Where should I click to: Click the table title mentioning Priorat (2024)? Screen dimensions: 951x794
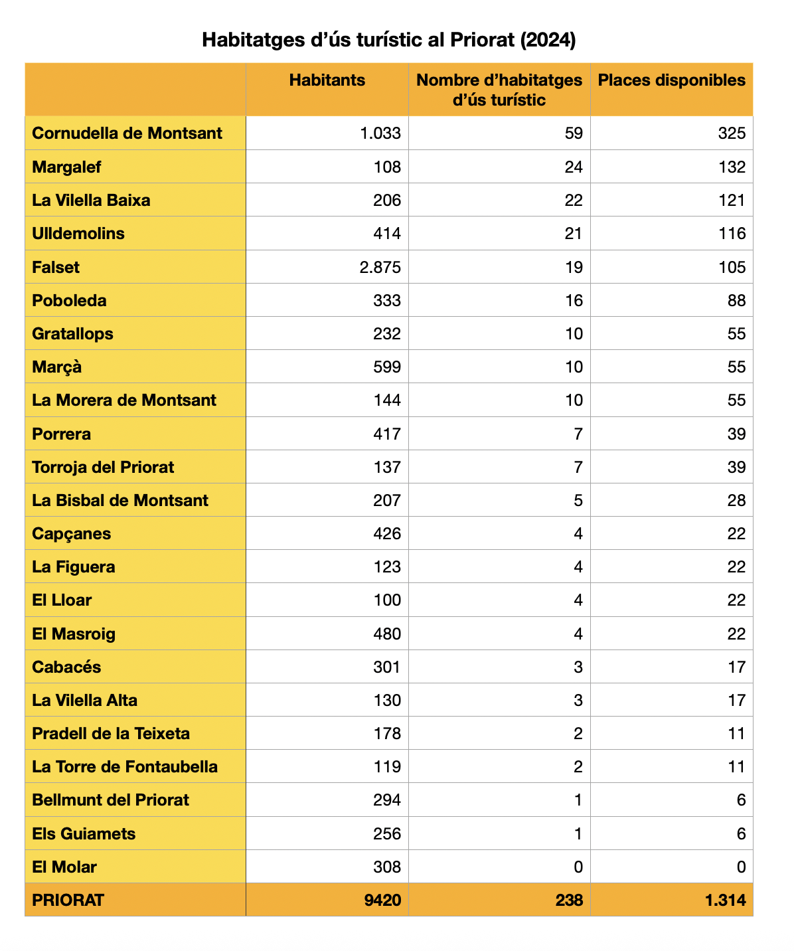pyautogui.click(x=388, y=40)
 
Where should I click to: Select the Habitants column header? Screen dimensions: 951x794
pyautogui.click(x=327, y=80)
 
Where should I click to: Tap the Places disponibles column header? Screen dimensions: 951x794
pyautogui.click(x=671, y=80)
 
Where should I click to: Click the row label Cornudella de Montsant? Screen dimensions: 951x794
pyautogui.click(x=127, y=133)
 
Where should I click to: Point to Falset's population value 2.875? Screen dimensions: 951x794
pyautogui.click(x=380, y=268)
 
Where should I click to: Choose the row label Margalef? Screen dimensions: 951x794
pyautogui.click(x=66, y=167)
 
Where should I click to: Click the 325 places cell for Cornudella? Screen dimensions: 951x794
pyautogui.click(x=732, y=133)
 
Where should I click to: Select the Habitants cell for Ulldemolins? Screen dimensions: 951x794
pyautogui.click(x=386, y=234)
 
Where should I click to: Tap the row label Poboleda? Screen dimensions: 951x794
pyautogui.click(x=69, y=301)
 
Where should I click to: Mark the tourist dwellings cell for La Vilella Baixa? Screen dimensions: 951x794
pyautogui.click(x=574, y=201)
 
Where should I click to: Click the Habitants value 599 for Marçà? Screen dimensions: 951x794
pyautogui.click(x=386, y=367)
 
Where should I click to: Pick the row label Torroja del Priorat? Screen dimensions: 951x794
pyautogui.click(x=103, y=468)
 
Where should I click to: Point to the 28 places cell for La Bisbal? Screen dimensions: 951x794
pyautogui.click(x=736, y=501)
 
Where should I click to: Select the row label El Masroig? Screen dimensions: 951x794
pyautogui.click(x=74, y=634)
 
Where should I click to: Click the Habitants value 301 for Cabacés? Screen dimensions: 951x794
pyautogui.click(x=386, y=667)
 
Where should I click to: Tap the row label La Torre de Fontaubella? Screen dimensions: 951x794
pyautogui.click(x=125, y=767)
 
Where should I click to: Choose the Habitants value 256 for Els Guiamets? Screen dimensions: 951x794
pyautogui.click(x=386, y=834)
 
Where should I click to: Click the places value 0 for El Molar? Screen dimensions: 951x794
pyautogui.click(x=741, y=867)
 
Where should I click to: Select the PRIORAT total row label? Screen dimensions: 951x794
pyautogui.click(x=68, y=901)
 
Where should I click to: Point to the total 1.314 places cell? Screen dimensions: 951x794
pyautogui.click(x=726, y=901)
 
